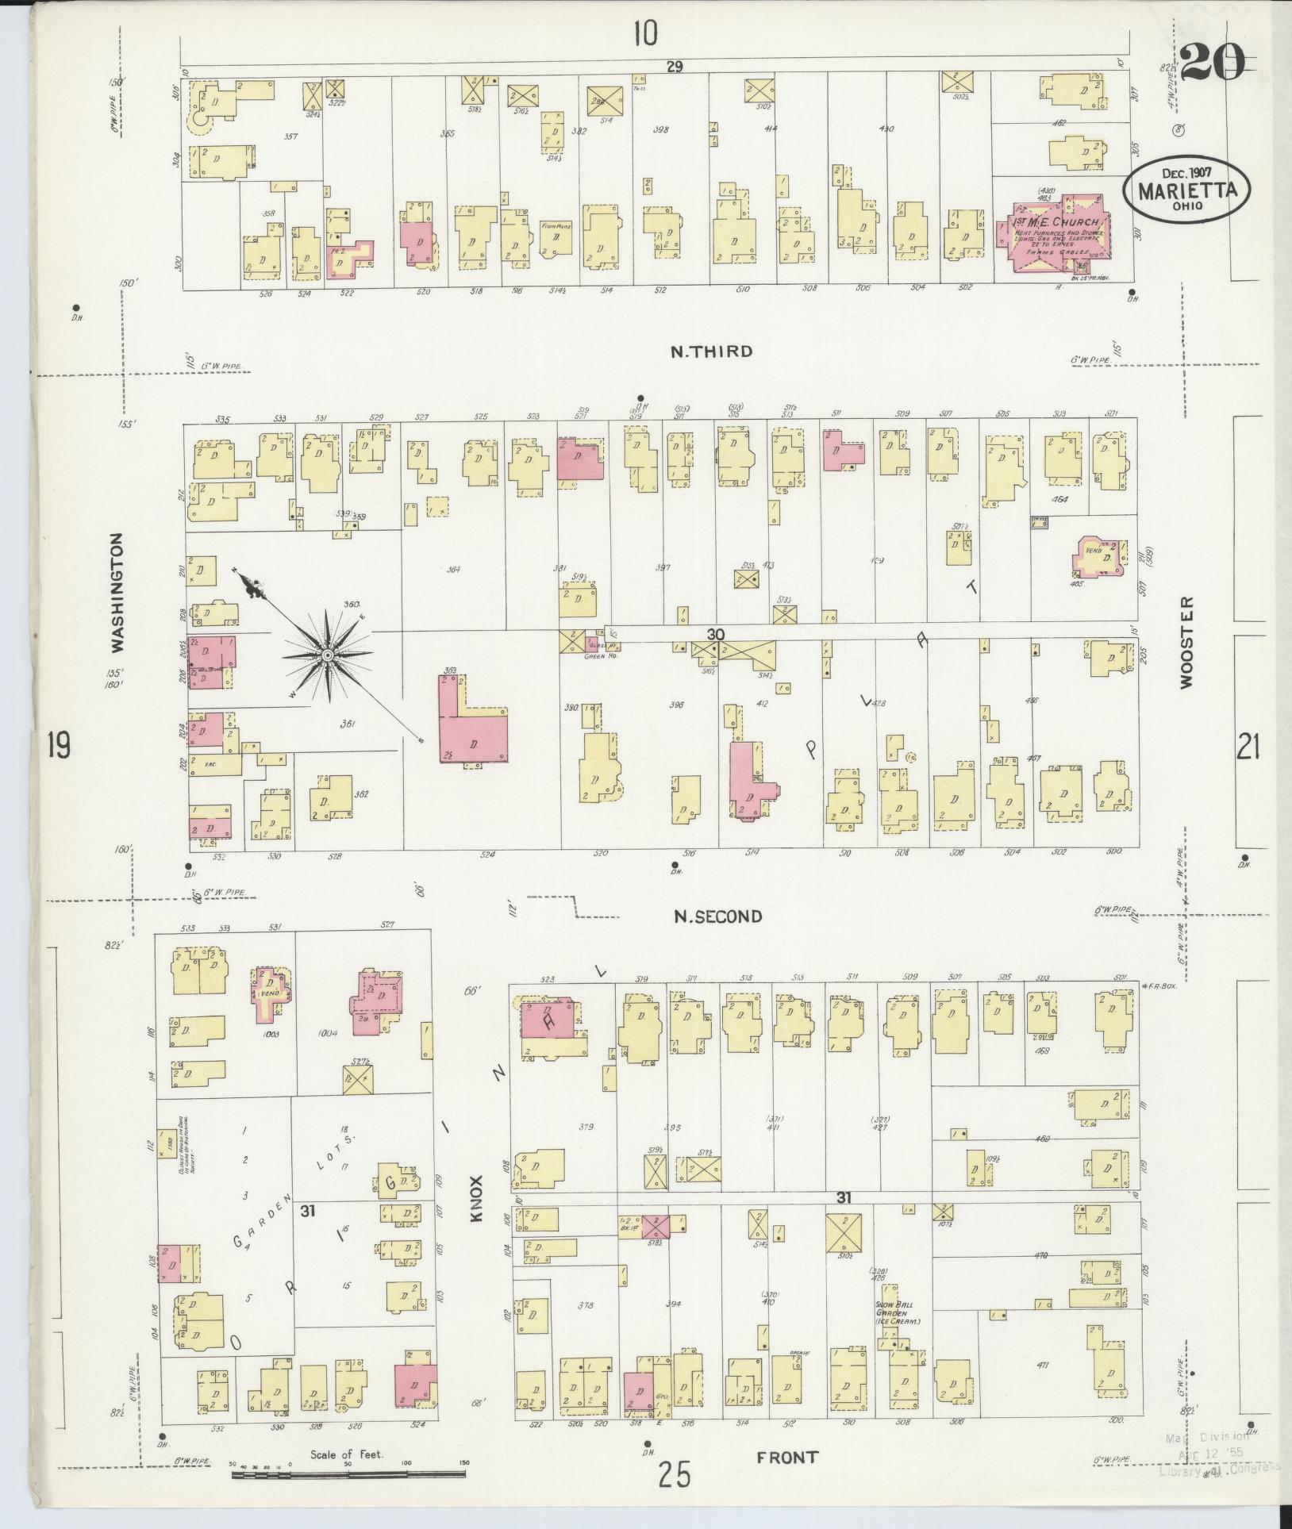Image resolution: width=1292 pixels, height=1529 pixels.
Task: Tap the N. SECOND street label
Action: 717,916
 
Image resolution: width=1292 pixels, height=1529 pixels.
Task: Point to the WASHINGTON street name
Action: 117,592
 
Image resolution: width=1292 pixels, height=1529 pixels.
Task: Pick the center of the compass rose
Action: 326,655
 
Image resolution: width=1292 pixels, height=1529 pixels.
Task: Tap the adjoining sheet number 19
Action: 59,746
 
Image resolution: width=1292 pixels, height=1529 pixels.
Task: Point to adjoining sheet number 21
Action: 1248,747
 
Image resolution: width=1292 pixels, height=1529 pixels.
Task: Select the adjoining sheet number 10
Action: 644,33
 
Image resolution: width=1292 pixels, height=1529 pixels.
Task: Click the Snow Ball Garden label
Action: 896,1311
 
